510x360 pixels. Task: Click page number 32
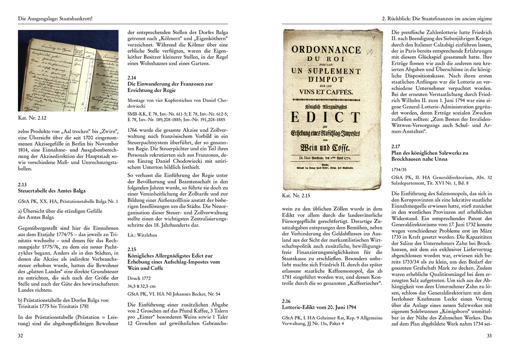(20, 336)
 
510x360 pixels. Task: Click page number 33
(489, 336)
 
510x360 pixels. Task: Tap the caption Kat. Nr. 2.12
(32, 119)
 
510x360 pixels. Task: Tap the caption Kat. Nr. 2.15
(296, 196)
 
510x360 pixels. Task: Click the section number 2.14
(132, 78)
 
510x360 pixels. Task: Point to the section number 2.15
(132, 248)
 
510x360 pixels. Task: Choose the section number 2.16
(286, 301)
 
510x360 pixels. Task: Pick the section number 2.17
(397, 146)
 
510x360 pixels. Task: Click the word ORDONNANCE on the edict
(326, 50)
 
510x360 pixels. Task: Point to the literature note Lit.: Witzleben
(142, 234)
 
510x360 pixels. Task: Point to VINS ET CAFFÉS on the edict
(326, 92)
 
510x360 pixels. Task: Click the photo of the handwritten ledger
(68, 71)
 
